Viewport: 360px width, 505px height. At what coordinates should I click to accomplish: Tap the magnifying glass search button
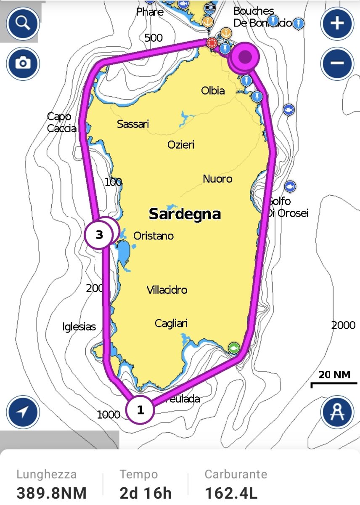click(x=23, y=23)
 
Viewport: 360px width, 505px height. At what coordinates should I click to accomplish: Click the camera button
click(x=23, y=64)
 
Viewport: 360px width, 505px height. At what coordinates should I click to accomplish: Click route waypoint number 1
click(x=140, y=410)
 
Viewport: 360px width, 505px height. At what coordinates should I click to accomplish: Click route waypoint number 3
click(x=99, y=235)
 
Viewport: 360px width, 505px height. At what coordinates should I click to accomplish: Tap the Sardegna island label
click(x=185, y=214)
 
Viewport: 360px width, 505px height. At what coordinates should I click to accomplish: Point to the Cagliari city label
click(x=171, y=324)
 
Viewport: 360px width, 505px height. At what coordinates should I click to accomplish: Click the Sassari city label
click(x=133, y=124)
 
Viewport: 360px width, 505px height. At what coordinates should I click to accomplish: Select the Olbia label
click(x=213, y=90)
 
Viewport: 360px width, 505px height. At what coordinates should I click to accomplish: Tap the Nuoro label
click(x=217, y=179)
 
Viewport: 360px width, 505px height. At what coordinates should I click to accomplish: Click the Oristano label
click(x=154, y=236)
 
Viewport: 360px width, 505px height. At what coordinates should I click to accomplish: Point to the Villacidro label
click(x=167, y=290)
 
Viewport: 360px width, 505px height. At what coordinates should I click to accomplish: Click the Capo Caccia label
click(x=61, y=122)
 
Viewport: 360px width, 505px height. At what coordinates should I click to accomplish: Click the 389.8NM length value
click(x=51, y=493)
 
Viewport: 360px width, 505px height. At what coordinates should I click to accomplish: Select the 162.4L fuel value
click(x=231, y=493)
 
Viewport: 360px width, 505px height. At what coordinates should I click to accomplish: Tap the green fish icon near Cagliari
click(x=234, y=348)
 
